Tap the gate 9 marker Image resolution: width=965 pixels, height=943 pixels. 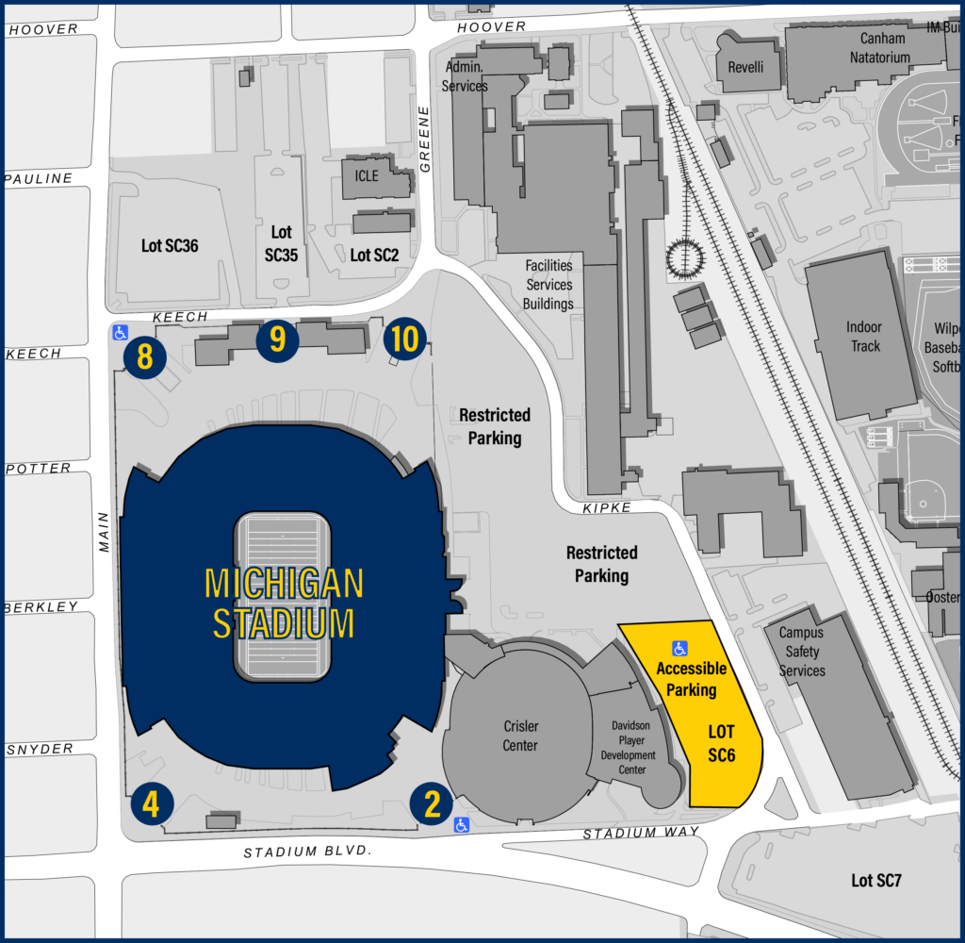(278, 339)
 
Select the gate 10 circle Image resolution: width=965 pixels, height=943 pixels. (404, 339)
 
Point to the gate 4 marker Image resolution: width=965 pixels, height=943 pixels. (152, 804)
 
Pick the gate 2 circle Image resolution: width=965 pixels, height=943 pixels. (433, 804)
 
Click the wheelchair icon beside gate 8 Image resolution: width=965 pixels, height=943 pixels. (120, 332)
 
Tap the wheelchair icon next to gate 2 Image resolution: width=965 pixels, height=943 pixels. (461, 825)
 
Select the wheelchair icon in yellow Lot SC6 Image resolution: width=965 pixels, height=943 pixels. (679, 648)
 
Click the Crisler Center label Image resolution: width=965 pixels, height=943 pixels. (519, 736)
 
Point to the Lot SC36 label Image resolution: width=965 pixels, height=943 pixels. (170, 245)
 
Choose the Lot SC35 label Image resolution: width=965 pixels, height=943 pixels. (282, 243)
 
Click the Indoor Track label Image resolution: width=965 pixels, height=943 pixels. (864, 337)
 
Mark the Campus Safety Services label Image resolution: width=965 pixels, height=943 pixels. (801, 652)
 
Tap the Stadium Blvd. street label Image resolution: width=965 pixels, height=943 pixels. (307, 852)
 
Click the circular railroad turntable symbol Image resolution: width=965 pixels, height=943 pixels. (685, 256)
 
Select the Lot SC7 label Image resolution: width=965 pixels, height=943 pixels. (876, 881)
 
